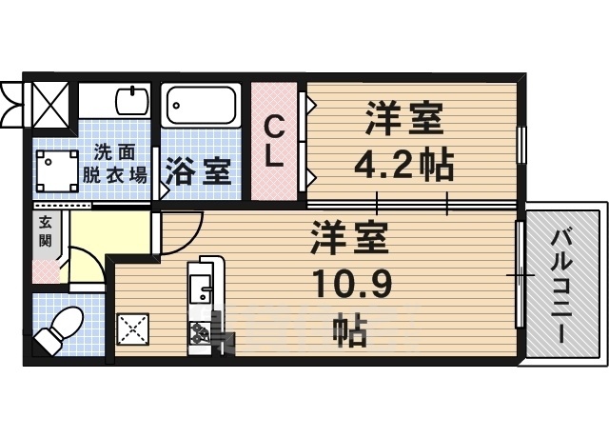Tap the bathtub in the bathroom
pyautogui.click(x=200, y=108)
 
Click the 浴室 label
pyautogui.click(x=199, y=173)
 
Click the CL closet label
pyautogui.click(x=273, y=141)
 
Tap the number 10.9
pyautogui.click(x=349, y=283)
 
